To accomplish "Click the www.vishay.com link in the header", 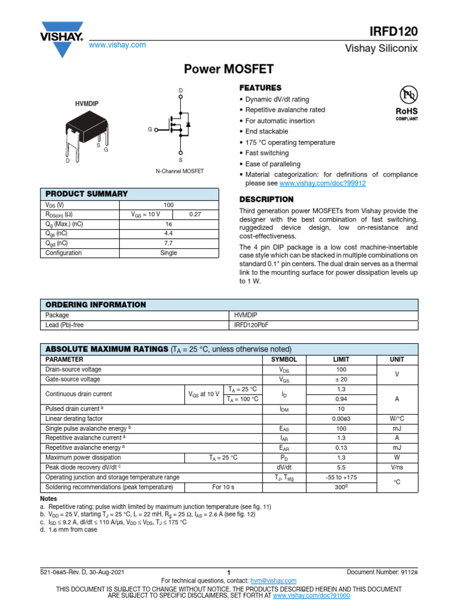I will (117, 45).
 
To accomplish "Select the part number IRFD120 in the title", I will (395, 31).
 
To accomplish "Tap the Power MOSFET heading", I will (228, 70).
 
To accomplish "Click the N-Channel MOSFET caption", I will (180, 171).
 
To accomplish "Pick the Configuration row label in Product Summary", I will (64, 253).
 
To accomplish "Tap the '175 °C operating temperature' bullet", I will (290, 142).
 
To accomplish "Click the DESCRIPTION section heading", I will (266, 199).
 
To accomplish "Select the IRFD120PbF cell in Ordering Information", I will (253, 326).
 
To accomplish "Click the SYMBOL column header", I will (284, 360).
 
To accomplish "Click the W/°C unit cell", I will (397, 419).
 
